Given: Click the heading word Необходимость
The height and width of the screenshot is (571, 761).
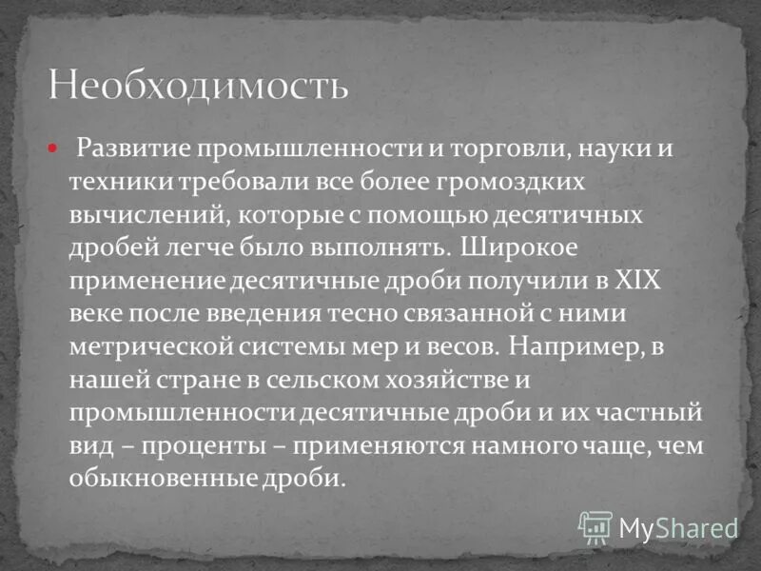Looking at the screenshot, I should coord(198,85).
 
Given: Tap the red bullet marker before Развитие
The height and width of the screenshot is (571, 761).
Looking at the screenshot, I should coord(54,148).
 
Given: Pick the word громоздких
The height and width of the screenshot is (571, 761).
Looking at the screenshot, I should coord(504,181).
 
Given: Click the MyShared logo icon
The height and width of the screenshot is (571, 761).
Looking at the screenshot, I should coord(595,525).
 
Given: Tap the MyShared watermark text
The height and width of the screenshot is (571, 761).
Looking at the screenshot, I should coord(678,527).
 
